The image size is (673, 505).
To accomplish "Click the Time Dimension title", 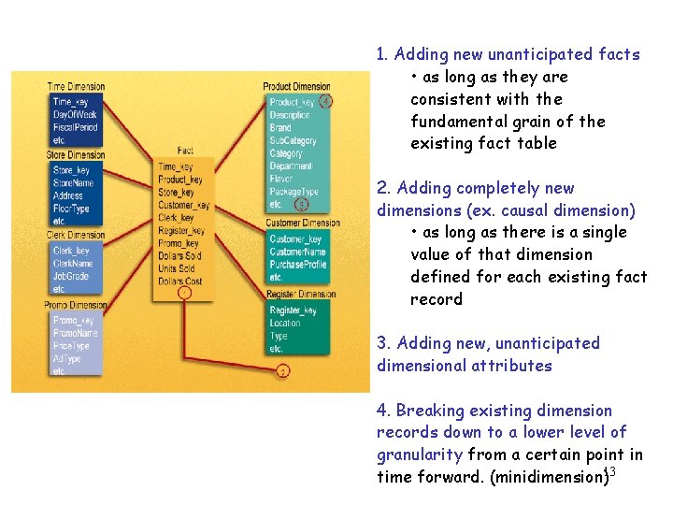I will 76,87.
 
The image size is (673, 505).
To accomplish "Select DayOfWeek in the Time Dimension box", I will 75,114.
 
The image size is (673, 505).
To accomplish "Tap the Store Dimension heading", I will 76,155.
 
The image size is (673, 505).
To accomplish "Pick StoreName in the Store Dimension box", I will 74,183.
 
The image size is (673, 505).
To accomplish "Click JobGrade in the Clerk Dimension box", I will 72,277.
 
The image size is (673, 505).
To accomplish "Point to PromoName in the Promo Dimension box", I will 75,333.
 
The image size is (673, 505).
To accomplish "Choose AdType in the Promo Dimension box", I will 66,358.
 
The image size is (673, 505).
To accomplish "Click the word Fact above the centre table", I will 185,151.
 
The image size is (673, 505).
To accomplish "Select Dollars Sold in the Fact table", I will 179,255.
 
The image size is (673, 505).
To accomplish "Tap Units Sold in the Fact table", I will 178,268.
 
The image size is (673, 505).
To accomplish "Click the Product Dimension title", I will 296,87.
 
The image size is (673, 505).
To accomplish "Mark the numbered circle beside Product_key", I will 325,101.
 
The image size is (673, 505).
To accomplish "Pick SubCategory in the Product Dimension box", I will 293,140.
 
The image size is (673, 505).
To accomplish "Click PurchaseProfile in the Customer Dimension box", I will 297,265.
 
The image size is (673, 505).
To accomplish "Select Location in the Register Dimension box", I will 285,324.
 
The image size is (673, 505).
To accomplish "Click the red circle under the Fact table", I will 185,293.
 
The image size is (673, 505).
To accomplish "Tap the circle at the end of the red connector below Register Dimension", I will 283,371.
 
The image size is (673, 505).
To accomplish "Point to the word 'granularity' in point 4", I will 419,454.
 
